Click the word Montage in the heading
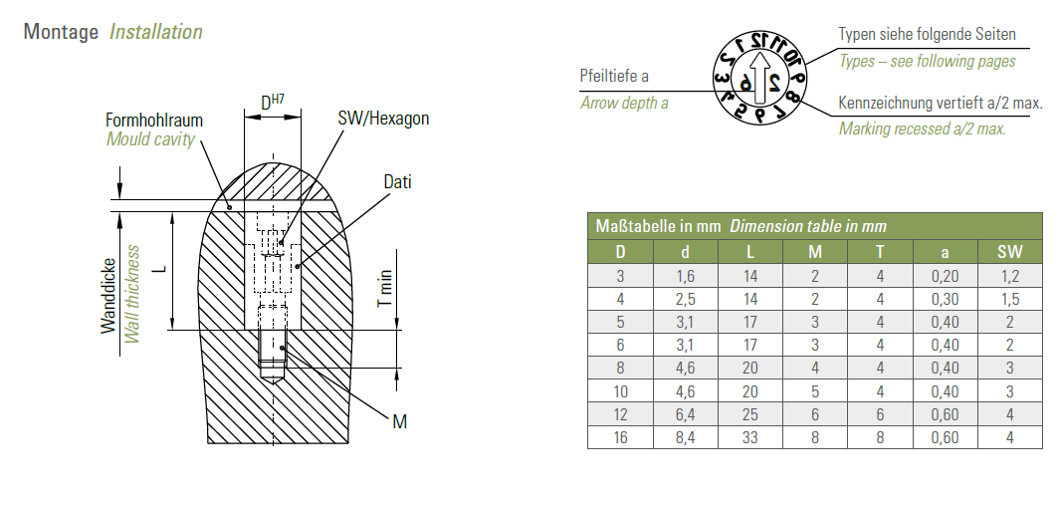tap(61, 32)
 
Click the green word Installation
tap(155, 32)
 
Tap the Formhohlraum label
tap(154, 120)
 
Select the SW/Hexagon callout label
tap(383, 119)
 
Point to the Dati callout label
tap(397, 182)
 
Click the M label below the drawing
tap(400, 422)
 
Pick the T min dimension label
tap(383, 289)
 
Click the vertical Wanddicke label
tap(108, 295)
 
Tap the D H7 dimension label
tap(273, 102)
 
